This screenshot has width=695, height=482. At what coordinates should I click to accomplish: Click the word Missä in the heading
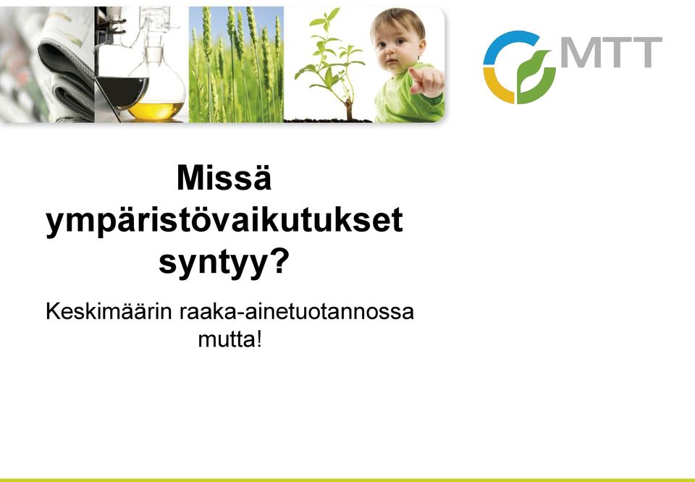point(224,178)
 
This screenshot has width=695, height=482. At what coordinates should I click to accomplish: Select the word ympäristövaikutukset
point(224,221)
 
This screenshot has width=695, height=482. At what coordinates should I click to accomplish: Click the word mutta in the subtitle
point(226,340)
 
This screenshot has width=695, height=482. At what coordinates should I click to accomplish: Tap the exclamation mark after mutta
point(259,339)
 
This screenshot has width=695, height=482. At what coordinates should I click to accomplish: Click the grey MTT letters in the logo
point(612,52)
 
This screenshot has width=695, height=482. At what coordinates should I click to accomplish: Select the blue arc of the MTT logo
point(505,42)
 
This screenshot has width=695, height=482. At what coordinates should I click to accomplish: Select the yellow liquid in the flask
point(156,111)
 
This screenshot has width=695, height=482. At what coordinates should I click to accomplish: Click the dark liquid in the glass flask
point(121,90)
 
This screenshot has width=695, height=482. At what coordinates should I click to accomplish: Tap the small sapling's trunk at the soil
point(349,111)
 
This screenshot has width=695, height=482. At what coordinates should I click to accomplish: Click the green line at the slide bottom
point(347,480)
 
